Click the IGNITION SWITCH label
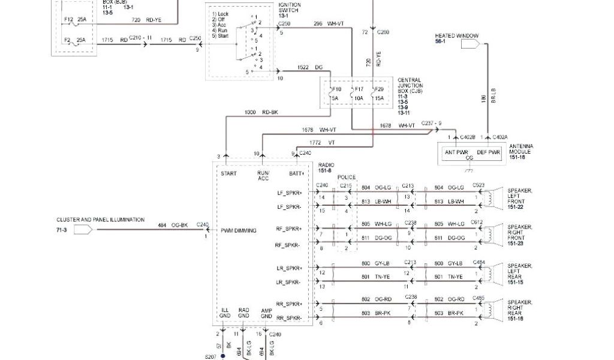pos(289,8)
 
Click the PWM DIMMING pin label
pos(239,230)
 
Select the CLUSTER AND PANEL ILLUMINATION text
pos(100,220)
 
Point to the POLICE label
pos(346,178)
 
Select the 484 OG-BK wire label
pos(173,225)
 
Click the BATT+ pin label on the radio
pos(297,173)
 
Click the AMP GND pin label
pos(267,313)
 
